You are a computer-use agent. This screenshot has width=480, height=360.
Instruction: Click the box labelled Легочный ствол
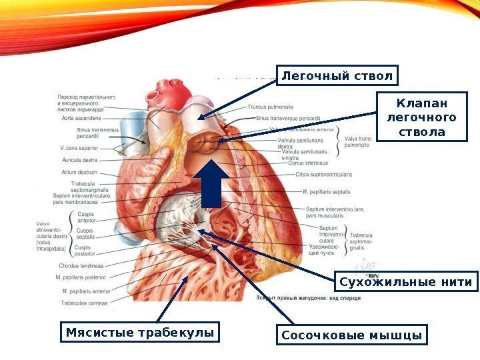pos(337,76)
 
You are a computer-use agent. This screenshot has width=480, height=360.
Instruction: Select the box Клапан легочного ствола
pos(422,118)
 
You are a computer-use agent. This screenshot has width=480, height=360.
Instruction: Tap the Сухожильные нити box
pos(406,283)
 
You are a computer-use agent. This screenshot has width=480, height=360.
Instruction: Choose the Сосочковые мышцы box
pos(351,334)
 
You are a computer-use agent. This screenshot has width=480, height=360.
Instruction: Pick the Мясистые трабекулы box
pos(141,331)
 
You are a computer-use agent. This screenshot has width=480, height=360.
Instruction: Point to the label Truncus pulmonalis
pos(270,107)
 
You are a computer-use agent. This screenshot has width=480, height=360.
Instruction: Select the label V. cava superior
pos(79,147)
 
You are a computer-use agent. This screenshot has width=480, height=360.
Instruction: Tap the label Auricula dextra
pos(79,160)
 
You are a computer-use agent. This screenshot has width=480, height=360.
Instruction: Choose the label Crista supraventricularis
pos(323,175)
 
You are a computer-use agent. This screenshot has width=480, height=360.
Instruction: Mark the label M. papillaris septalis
pos(326,192)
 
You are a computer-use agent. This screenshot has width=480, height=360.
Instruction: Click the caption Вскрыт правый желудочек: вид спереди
pos(308,298)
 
